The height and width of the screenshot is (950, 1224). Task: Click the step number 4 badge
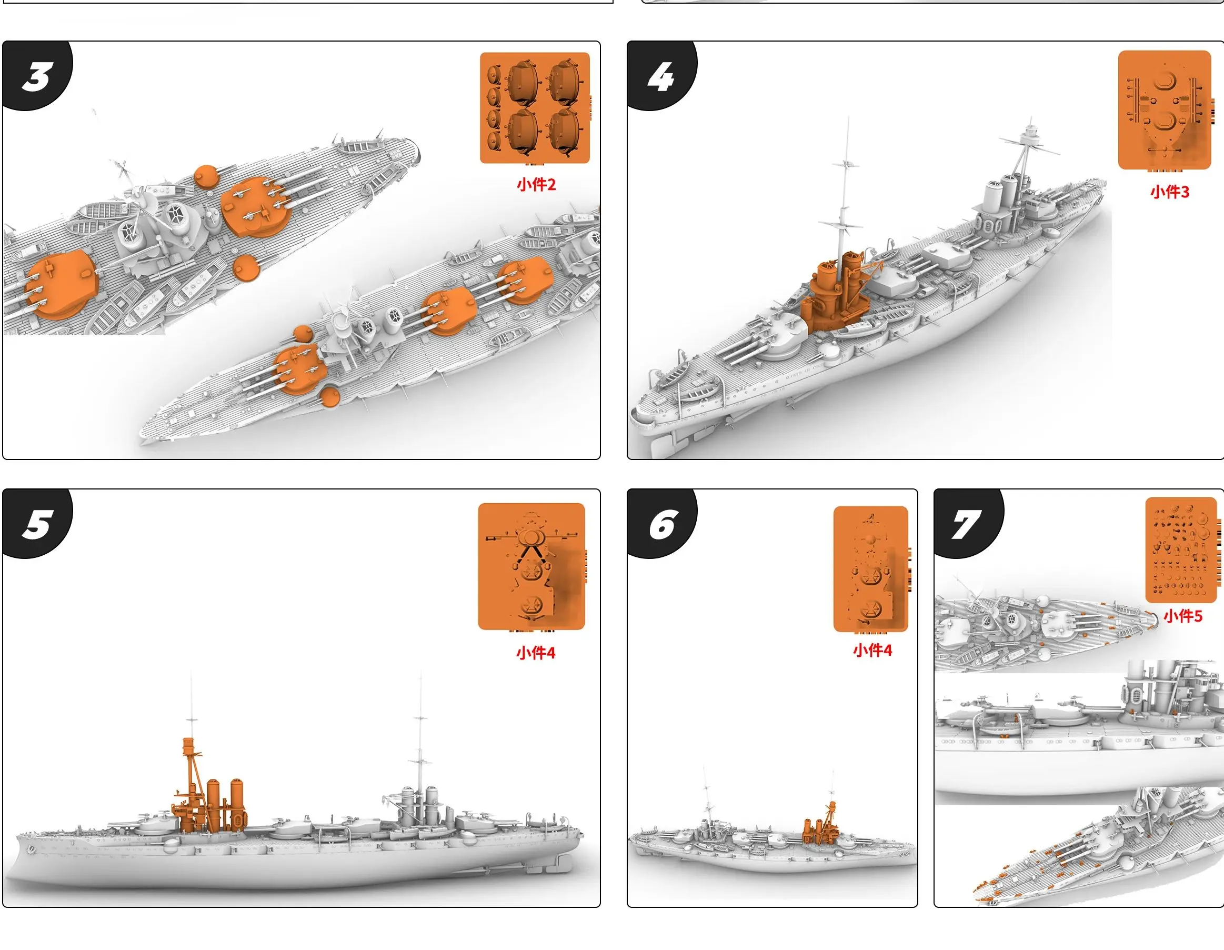coord(661,76)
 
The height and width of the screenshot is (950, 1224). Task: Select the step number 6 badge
coord(661,524)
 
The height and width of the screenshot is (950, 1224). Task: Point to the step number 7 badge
coord(968,524)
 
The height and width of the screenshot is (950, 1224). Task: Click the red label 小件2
coord(536,184)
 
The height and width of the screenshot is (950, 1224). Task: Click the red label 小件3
coord(1169,192)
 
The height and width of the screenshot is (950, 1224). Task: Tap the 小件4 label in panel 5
coord(535,653)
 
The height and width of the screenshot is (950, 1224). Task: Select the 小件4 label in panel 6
coord(872,650)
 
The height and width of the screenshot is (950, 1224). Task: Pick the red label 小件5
coord(1182,616)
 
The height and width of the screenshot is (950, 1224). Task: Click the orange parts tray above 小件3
coord(1165,110)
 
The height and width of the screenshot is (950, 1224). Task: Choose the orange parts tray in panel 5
coord(531,566)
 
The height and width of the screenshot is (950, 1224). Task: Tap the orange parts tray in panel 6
coord(870,569)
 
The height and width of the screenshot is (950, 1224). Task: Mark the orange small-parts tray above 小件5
coord(1181,549)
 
